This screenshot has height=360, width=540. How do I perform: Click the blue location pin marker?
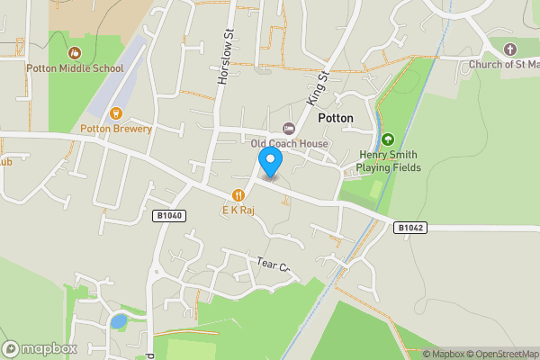(270, 162)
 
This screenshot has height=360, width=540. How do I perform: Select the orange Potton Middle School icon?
(75, 53)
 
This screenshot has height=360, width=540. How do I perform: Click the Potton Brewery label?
(116, 129)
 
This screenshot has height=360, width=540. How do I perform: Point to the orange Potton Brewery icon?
(116, 113)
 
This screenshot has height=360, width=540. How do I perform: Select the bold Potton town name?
(336, 118)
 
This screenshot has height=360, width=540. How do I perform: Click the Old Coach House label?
(289, 144)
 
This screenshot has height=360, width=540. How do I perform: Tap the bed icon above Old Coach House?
(289, 129)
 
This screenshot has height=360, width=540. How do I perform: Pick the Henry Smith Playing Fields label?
(387, 161)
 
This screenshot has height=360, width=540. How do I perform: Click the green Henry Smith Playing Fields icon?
(388, 139)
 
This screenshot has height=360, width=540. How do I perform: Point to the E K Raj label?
(238, 209)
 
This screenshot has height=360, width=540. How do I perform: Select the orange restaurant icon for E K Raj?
(238, 193)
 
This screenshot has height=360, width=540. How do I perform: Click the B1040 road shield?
(168, 216)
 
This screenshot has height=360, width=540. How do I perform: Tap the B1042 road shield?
(409, 228)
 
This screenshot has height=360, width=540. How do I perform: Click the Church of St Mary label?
(503, 65)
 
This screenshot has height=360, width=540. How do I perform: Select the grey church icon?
(510, 49)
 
